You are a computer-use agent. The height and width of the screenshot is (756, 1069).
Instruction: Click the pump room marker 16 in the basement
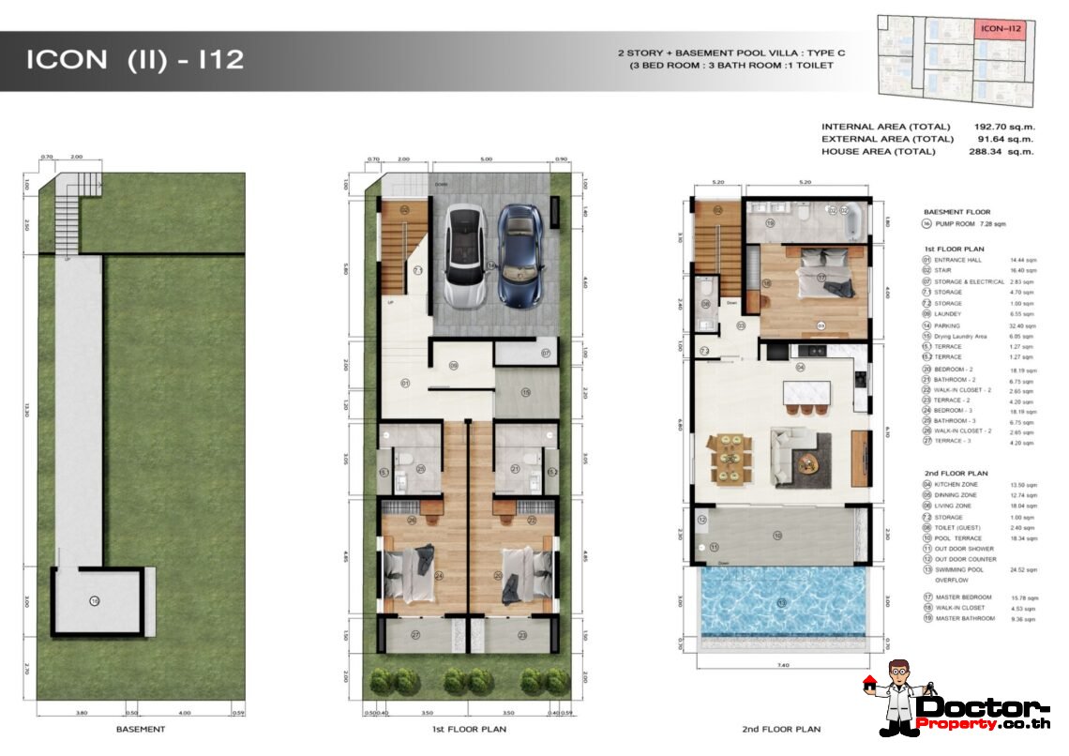94,599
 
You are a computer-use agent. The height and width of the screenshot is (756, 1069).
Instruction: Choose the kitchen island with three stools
801,398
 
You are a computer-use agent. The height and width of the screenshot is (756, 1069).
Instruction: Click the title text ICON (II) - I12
135,60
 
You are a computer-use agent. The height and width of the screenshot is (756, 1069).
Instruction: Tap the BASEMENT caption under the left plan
141,729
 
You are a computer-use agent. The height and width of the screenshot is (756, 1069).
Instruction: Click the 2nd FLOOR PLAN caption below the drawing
783,729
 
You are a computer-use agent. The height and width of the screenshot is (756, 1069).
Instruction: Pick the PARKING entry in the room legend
950,325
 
